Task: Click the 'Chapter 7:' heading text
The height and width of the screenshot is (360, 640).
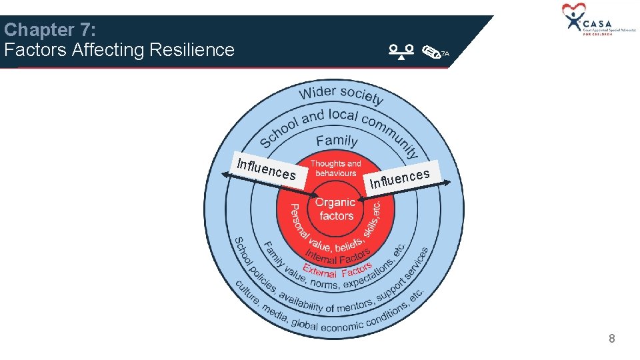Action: point(50,30)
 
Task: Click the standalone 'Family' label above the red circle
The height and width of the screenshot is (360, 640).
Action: point(337,141)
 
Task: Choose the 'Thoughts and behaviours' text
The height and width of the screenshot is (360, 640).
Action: point(335,168)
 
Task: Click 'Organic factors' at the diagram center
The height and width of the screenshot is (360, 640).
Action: point(335,209)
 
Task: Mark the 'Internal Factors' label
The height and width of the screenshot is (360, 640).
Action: point(337,257)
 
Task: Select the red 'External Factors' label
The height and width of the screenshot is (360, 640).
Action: point(337,271)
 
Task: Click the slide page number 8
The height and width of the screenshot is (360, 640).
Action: point(611,339)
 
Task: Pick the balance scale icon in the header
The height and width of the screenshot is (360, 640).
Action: point(402,51)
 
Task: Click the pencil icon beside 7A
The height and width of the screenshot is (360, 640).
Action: point(431,53)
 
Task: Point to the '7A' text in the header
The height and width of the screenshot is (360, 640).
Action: point(445,53)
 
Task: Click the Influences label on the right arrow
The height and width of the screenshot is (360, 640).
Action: point(400,178)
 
